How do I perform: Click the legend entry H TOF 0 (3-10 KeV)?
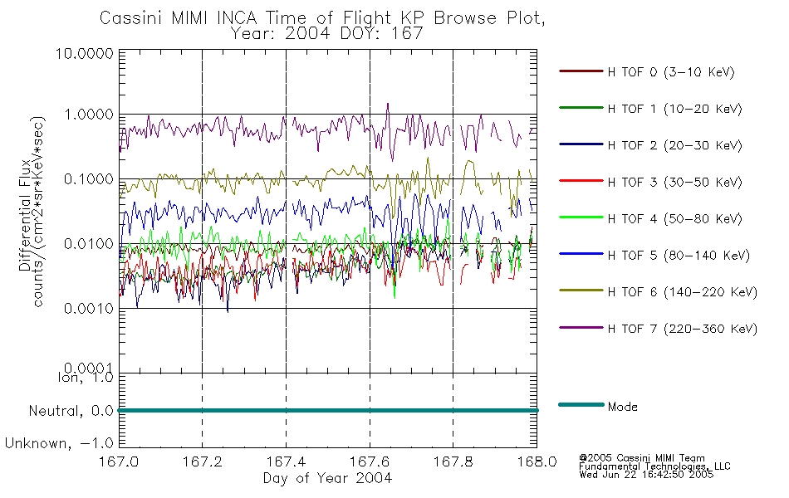[671, 73]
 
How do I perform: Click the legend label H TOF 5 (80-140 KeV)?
[678, 256]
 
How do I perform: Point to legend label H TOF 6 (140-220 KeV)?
[682, 292]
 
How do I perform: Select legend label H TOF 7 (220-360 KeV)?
[682, 329]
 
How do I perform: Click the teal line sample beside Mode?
[580, 405]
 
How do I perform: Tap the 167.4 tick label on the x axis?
[286, 462]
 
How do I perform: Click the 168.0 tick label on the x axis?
[537, 462]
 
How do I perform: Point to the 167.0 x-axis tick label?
[119, 462]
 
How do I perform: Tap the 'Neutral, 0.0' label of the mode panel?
[71, 411]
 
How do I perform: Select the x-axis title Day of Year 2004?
[327, 478]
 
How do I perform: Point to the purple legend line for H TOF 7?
[580, 328]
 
